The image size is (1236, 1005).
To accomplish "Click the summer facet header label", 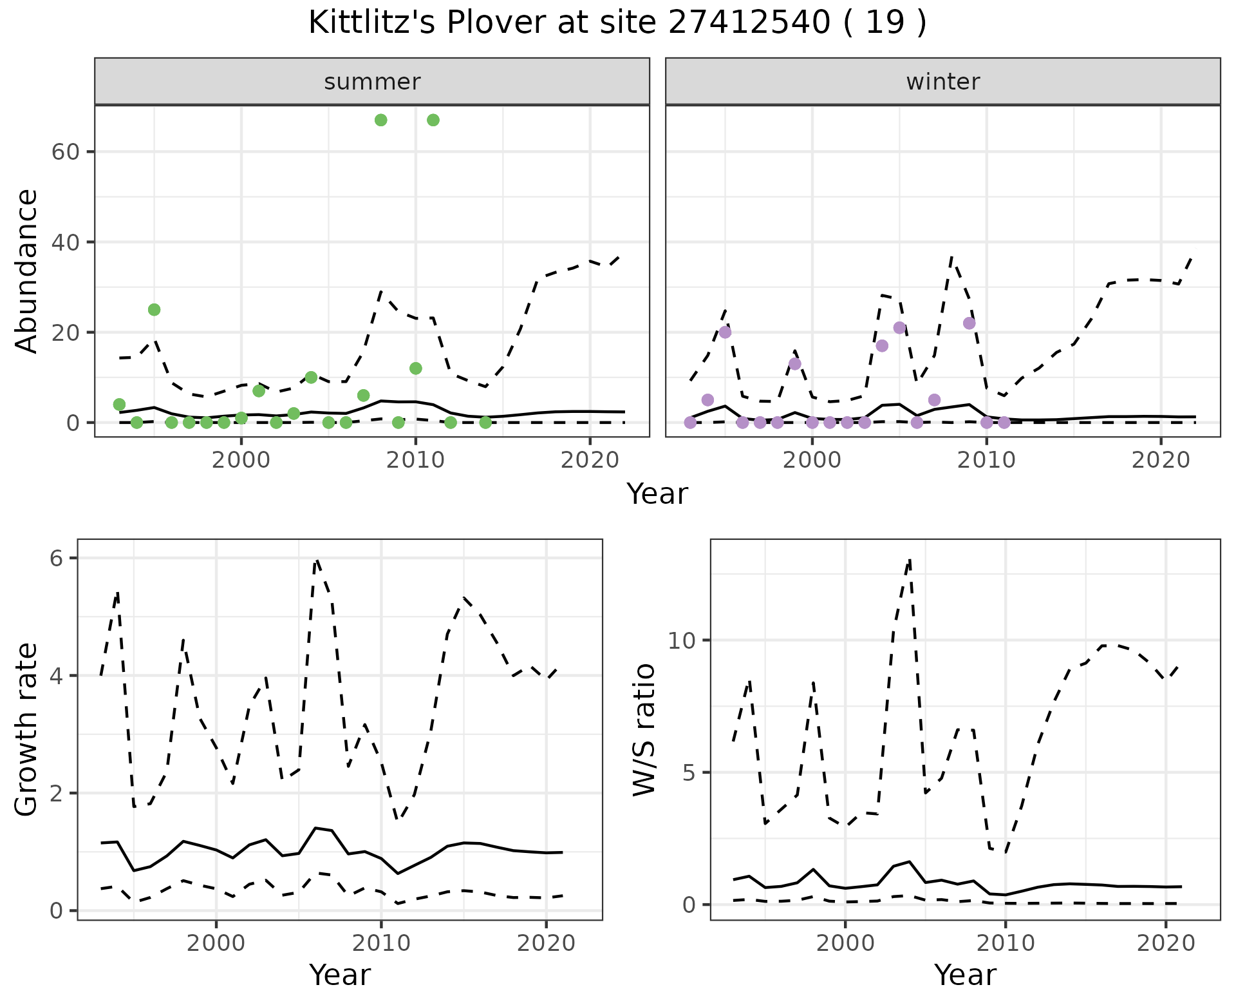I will pos(372,82).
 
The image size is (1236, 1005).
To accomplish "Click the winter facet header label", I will pos(942,82).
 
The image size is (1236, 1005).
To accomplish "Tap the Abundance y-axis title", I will pos(27,271).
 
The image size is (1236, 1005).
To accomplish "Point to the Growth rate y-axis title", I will pos(27,729).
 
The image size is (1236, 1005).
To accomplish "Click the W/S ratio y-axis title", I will pos(644,729).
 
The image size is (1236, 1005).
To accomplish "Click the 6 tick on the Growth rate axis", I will pos(57,558).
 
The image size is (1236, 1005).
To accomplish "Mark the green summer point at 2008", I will pos(380,120).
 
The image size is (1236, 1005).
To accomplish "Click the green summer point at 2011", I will pos(433,120).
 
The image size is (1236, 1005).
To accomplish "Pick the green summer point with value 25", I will pos(154,310).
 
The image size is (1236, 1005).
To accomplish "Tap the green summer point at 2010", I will pos(416,368).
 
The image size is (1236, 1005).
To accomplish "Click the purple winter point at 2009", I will pos(969,323).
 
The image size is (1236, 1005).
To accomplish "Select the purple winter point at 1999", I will pos(795,364).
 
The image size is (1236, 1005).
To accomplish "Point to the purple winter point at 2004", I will pos(882,346).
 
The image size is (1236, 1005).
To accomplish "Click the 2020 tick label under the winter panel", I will pos(1161,460).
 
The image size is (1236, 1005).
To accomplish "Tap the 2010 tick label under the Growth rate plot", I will pos(381,943).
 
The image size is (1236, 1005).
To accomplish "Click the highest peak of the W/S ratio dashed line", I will pos(910,559).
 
